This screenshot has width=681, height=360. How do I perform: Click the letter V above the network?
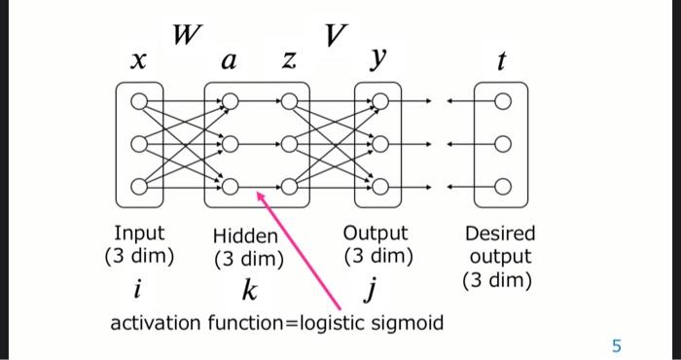point(335,36)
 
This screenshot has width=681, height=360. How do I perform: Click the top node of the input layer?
point(140,100)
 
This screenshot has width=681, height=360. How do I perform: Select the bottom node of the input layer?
point(140,186)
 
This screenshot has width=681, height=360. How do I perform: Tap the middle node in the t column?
point(501,144)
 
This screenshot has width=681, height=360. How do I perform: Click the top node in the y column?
point(380,100)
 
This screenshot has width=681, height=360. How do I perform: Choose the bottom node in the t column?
point(501,186)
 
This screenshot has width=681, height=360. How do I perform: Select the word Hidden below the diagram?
point(245,235)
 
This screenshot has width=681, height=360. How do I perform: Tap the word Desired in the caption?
point(500,234)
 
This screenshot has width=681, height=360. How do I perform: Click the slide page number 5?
point(615,343)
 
